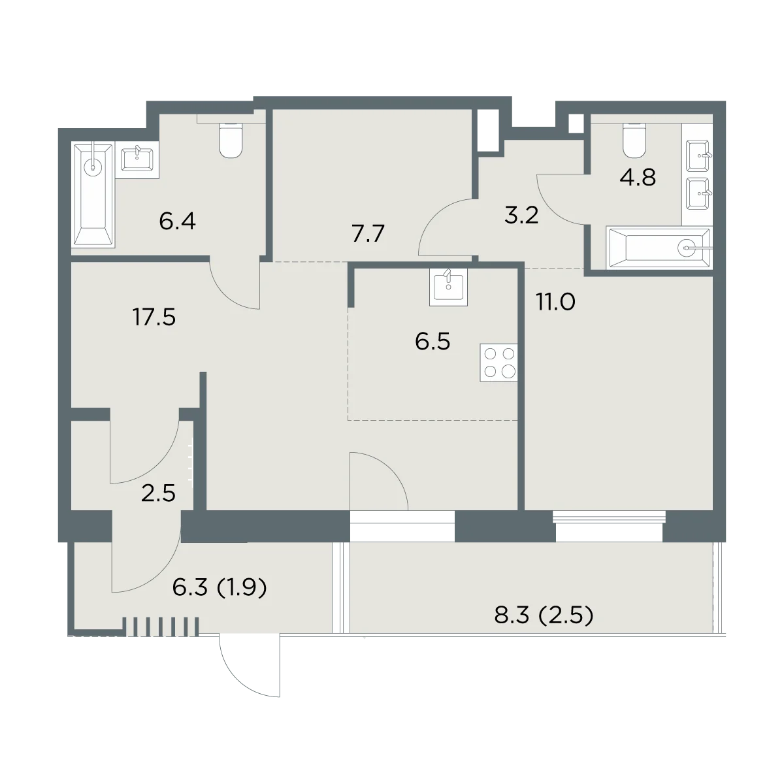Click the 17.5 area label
154,318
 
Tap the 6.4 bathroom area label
178,221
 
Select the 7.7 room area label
368,234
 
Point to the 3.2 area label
521,215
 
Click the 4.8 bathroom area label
638,178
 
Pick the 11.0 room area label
555,302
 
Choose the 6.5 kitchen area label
433,341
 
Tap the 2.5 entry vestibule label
158,493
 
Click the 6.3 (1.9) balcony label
220,587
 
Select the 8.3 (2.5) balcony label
544,615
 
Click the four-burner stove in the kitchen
498,363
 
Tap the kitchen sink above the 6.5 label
448,287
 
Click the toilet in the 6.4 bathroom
231,140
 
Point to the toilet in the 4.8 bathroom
634,140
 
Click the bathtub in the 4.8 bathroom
659,248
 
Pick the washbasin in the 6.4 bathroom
137,159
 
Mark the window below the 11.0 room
609,527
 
